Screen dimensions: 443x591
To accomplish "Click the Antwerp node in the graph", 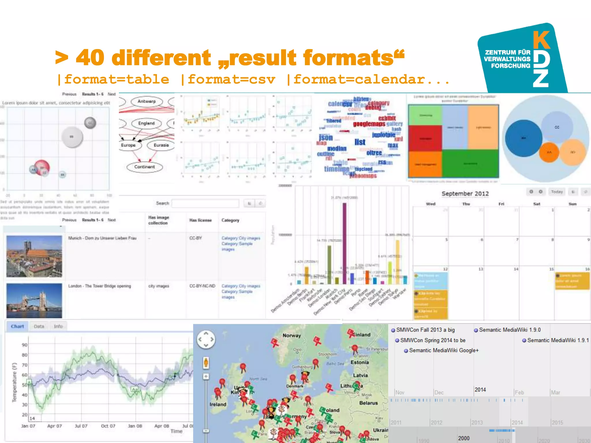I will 147,102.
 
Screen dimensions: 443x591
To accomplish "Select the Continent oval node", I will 144,167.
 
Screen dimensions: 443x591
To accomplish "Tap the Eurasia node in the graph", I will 161,145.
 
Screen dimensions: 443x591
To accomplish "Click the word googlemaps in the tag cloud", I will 369,124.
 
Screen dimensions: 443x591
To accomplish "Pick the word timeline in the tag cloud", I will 336,169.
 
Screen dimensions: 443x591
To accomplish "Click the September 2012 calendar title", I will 465,194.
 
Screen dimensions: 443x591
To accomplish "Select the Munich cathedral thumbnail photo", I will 34,256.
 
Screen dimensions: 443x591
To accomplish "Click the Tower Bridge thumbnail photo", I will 34,301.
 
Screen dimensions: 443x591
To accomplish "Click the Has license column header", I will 201,220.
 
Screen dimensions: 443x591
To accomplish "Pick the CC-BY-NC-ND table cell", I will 202,286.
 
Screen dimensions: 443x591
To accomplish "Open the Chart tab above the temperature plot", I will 17,326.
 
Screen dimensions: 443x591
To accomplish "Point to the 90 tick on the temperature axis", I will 25,345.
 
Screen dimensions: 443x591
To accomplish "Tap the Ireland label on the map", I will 218,404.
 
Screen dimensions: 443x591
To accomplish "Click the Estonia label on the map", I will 360,363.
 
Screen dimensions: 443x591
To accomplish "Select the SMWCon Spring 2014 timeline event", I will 432,340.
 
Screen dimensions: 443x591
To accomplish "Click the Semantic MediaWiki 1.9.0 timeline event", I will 509,330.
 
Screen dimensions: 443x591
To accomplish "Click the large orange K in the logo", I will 541,40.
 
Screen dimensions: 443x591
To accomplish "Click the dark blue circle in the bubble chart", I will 523,138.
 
